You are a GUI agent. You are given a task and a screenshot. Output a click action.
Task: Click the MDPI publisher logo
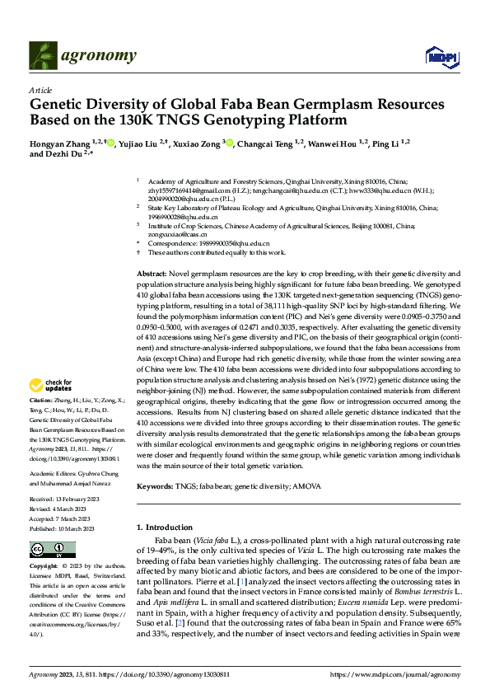pos(437,56)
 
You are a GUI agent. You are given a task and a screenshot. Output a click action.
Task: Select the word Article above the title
pos(40,90)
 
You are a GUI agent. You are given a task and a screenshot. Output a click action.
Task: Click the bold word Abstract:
pos(151,273)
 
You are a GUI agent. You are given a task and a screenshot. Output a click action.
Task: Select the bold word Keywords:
pos(154,487)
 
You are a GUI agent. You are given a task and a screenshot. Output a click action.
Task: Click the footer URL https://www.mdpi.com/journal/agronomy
pos(394,674)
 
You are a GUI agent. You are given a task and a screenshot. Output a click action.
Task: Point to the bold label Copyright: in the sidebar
pos(44,567)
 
